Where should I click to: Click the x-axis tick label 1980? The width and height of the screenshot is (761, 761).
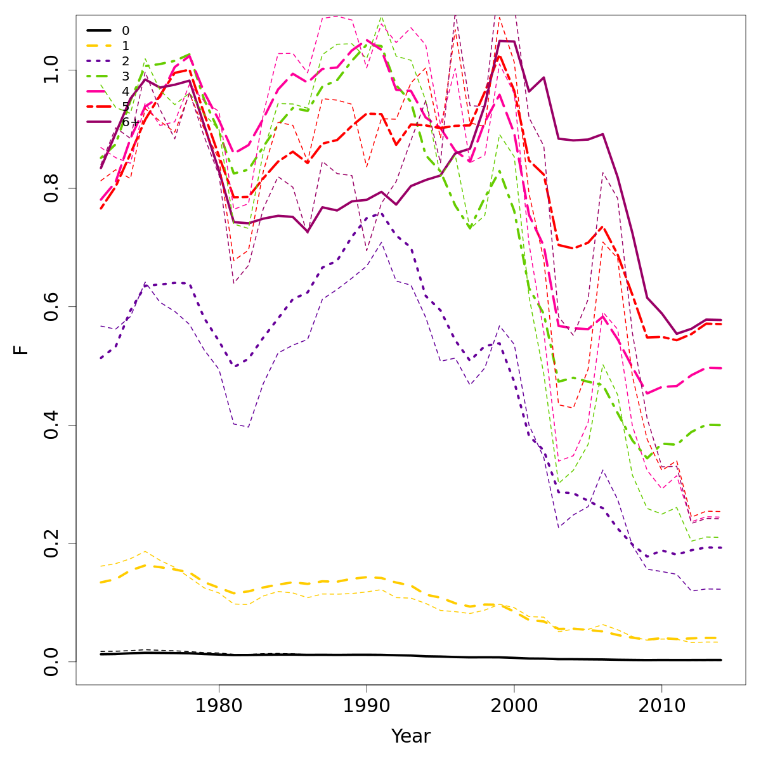point(219,706)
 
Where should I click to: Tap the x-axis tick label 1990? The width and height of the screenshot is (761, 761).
point(367,706)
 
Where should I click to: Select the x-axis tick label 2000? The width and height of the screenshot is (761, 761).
point(514,706)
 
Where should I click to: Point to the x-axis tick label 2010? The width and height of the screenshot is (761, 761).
point(661,706)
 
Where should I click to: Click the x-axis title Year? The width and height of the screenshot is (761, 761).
point(411,736)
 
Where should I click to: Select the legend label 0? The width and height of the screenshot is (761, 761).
point(126,30)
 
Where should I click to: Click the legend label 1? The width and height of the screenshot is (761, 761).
point(126,46)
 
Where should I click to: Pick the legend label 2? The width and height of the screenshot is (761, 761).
point(126,61)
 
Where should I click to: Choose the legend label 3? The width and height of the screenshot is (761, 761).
point(126,76)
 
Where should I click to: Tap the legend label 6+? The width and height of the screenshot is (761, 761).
point(130,122)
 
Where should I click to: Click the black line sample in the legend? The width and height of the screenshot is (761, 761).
point(99,30)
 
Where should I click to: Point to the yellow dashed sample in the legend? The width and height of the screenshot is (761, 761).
point(99,46)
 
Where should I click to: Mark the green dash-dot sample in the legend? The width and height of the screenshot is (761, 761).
point(99,76)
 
